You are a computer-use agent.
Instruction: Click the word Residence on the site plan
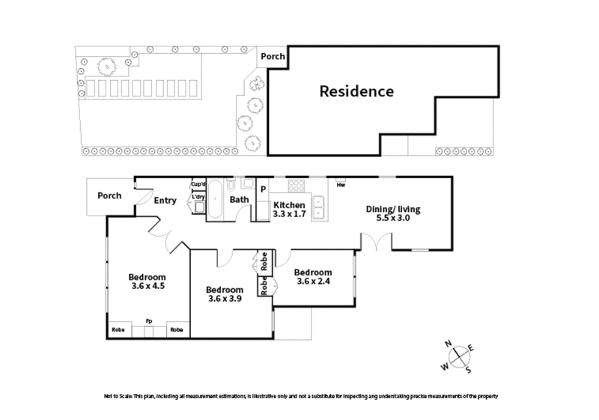(356, 92)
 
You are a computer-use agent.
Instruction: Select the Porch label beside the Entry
(109, 196)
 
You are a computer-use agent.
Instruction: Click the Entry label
(165, 200)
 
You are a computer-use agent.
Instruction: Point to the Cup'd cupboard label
(198, 183)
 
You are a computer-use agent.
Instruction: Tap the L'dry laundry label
(198, 198)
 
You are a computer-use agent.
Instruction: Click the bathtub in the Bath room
(214, 199)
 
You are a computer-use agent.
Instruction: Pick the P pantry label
(263, 189)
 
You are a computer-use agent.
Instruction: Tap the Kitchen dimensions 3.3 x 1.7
(288, 214)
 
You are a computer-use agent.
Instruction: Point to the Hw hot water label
(341, 185)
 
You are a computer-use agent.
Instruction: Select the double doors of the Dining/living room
(376, 241)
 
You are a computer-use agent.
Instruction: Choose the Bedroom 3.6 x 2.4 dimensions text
(313, 281)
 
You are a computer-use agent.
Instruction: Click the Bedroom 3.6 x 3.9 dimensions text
(225, 299)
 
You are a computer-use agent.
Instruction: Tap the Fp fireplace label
(149, 321)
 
